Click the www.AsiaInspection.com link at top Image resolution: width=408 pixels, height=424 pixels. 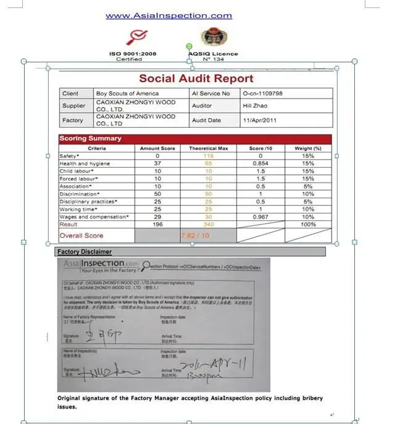coord(169,16)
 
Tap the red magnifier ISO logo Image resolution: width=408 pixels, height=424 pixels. coord(133,38)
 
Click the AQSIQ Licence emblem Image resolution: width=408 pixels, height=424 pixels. coord(211,38)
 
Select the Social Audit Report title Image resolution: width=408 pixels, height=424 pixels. coord(196,78)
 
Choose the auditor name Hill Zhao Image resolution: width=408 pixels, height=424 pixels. coord(256,106)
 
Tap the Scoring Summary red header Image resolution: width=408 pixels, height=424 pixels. coord(90,138)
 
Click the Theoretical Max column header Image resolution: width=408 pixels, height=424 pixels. coord(208,148)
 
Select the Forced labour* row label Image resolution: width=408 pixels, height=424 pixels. coord(77,178)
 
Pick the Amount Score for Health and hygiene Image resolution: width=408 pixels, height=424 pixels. coord(158,164)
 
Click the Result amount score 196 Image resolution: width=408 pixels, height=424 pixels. coord(158,224)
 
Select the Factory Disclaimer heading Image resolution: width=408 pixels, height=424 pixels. coord(85,252)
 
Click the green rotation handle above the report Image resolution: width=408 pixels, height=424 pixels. coord(189,46)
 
